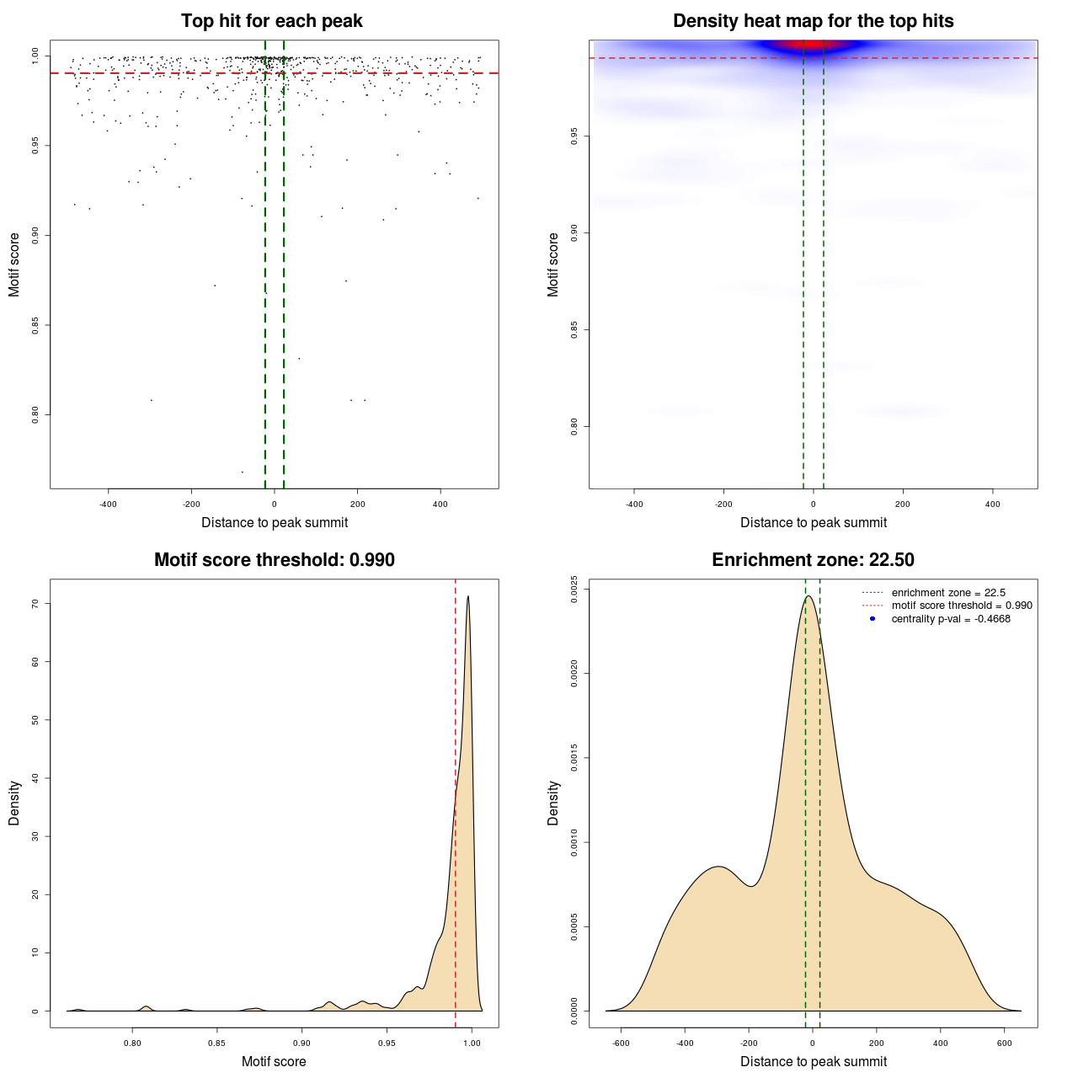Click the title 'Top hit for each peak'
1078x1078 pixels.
271,21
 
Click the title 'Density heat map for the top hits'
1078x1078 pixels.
813,21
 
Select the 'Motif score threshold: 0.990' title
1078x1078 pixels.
274,560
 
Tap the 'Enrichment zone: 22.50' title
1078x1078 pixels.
813,560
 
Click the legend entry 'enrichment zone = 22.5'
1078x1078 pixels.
948,593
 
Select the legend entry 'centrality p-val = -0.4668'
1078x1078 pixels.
951,619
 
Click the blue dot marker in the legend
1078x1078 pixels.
873,619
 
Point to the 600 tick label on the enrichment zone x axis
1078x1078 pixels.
1004,1043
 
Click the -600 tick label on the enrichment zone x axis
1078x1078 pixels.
621,1043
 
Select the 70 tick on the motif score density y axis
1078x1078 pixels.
35,604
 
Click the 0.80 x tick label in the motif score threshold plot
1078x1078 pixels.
132,1043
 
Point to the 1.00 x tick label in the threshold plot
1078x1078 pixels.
472,1043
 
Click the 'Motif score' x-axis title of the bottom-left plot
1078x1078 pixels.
274,1061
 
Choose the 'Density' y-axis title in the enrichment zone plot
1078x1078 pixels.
553,803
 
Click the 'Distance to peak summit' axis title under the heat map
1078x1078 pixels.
813,522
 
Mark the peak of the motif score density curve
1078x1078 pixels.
467,596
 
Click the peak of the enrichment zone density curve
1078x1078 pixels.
808,596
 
